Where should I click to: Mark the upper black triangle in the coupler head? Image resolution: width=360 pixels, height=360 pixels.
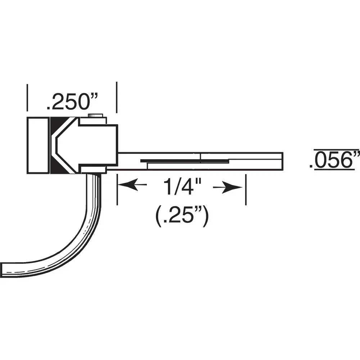57,124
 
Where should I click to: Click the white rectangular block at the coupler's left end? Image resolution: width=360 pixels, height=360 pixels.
38,145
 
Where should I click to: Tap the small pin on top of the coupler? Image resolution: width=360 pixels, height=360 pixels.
95,116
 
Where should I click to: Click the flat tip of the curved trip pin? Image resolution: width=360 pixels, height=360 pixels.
3,269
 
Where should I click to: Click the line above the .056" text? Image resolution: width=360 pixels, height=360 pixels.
337,149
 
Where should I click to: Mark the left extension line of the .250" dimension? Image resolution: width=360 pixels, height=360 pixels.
27,98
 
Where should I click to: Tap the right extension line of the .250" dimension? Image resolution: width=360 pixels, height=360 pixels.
117,97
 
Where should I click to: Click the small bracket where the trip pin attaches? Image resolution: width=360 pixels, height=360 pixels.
93,170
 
